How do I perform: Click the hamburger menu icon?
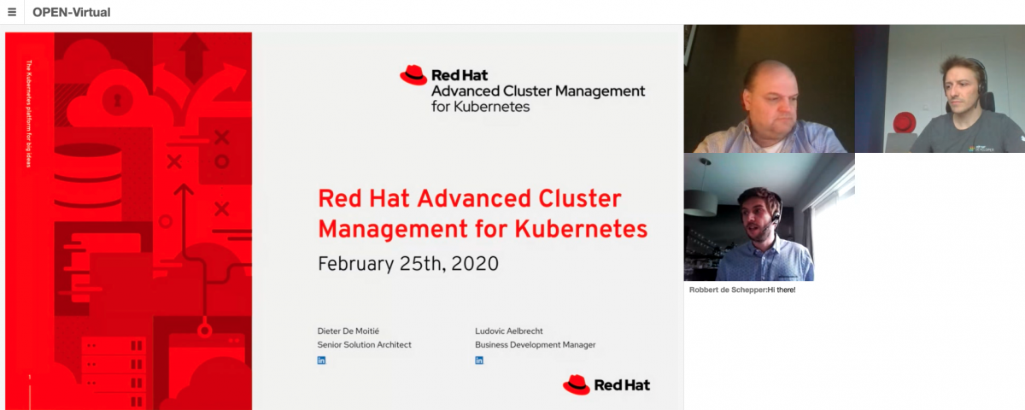12,12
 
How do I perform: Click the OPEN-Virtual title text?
72,12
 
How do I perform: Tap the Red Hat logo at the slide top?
413,75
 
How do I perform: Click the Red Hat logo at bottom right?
606,384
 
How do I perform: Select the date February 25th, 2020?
407,263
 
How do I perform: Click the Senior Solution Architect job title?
364,344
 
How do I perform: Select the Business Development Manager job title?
535,344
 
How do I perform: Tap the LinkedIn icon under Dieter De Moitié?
321,360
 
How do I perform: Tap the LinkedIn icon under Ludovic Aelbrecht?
479,360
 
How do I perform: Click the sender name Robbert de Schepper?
727,290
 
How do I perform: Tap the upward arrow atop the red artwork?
195,53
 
